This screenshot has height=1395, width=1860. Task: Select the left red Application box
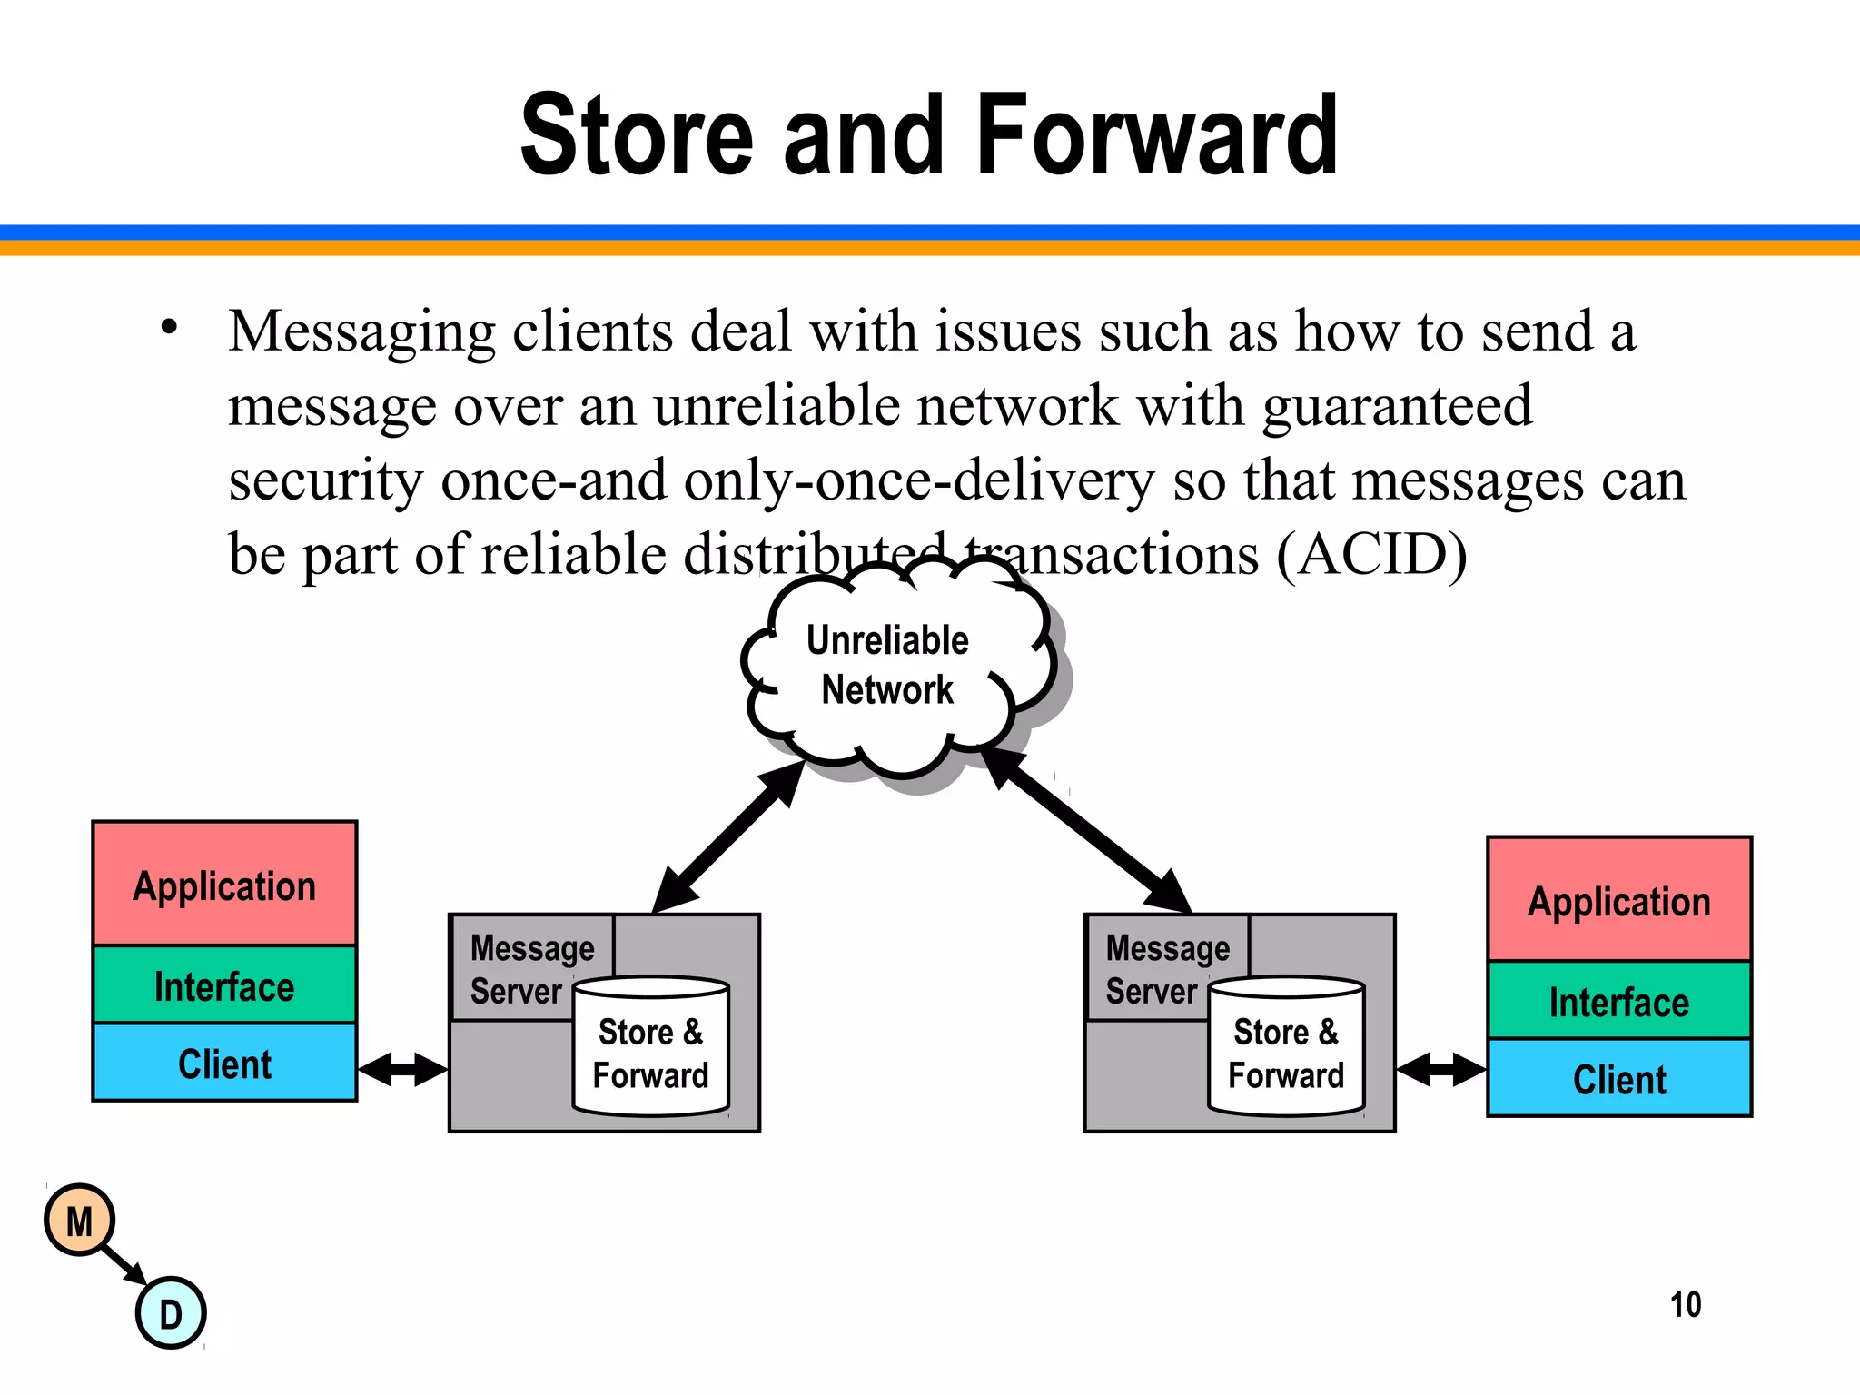tap(224, 885)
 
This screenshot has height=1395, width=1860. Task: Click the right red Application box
tap(1618, 900)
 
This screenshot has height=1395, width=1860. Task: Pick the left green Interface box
tap(224, 985)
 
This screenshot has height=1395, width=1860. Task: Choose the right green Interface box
tap(1618, 1001)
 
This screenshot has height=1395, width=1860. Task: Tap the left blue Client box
tap(224, 1063)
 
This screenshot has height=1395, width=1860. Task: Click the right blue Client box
tap(1618, 1078)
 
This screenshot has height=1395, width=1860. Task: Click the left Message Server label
tap(530, 968)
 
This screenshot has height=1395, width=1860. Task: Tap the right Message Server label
tap(1166, 968)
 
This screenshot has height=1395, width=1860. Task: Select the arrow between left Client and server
tap(403, 1069)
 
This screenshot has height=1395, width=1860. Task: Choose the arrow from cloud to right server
tap(1085, 832)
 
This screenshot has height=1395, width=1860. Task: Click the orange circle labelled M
tap(80, 1221)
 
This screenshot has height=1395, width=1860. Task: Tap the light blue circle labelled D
tap(171, 1313)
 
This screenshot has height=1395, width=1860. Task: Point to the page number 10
tap(1685, 1305)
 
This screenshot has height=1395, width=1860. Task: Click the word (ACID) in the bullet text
tap(1371, 554)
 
